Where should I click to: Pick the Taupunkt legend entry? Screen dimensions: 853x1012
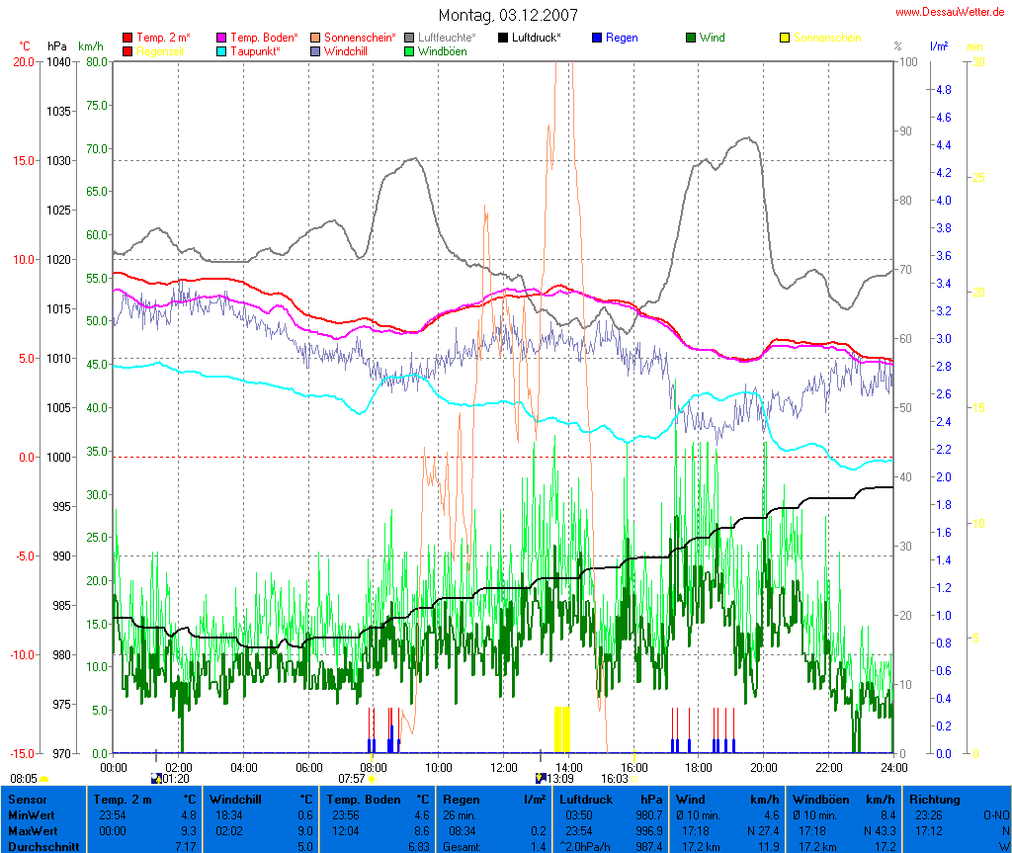click(x=255, y=50)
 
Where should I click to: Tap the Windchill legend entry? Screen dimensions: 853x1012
click(x=346, y=50)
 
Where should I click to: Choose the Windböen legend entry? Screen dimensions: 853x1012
click(x=442, y=50)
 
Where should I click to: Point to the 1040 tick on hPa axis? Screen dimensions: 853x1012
click(x=58, y=61)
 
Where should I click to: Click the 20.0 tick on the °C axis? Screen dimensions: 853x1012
click(x=23, y=61)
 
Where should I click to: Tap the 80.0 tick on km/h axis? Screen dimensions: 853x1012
click(x=96, y=61)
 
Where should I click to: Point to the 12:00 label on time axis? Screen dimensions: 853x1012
click(x=503, y=767)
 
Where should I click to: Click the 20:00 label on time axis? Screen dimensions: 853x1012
click(x=763, y=767)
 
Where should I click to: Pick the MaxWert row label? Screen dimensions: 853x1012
click(x=31, y=831)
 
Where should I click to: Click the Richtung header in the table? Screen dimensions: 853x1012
click(x=935, y=799)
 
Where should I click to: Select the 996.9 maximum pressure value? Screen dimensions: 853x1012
click(x=647, y=831)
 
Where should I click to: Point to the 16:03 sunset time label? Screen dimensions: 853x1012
click(x=614, y=779)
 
